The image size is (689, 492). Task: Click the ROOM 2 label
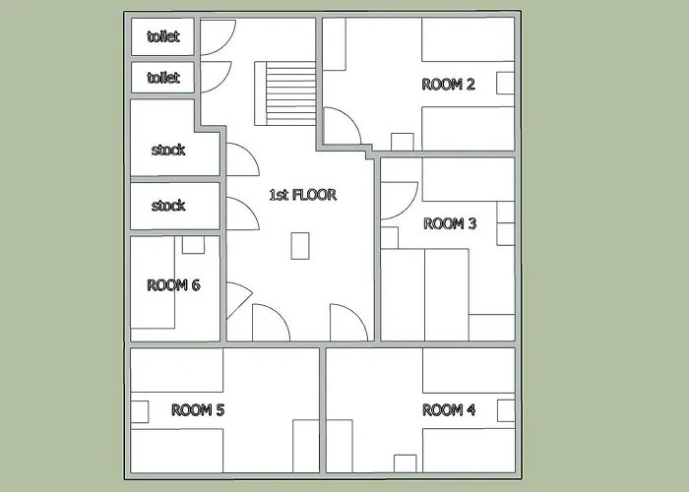pos(448,84)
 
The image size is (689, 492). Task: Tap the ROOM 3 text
pos(450,223)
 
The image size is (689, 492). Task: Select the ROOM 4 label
pos(449,410)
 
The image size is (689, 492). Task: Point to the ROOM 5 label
pos(198,410)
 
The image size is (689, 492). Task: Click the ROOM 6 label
pos(173,285)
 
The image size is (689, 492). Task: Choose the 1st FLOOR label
pos(303,195)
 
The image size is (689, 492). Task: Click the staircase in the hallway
pos(285,93)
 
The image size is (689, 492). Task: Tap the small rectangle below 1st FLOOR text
pos(300,246)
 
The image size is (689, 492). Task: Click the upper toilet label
pos(163,36)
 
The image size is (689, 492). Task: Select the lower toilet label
pos(163,78)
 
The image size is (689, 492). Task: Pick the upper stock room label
pos(168,150)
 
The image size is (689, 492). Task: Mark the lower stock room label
pos(168,205)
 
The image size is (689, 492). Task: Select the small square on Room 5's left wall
pos(140,412)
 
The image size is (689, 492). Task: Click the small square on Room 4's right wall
pos(506,410)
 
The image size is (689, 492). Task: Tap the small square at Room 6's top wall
pos(193,245)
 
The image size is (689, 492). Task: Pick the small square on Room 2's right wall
pos(505,83)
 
